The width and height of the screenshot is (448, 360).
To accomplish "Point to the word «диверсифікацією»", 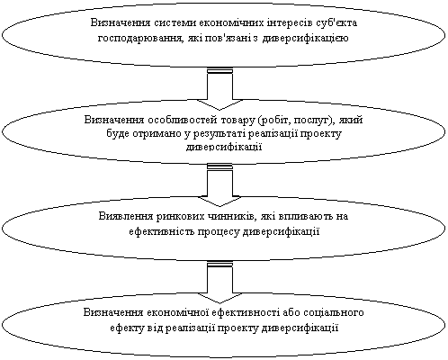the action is pos(305,39).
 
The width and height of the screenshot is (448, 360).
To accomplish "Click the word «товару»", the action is pos(237,120).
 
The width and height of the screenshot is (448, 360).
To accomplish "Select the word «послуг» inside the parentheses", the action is pos(311,120).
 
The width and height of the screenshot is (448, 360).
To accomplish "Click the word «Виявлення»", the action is pos(126,216).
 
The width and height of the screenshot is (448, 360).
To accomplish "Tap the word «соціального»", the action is pos(334,312).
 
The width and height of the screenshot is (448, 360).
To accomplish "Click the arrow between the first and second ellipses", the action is pos(220,89).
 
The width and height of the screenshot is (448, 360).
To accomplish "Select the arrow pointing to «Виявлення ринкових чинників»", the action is pos(220,185).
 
